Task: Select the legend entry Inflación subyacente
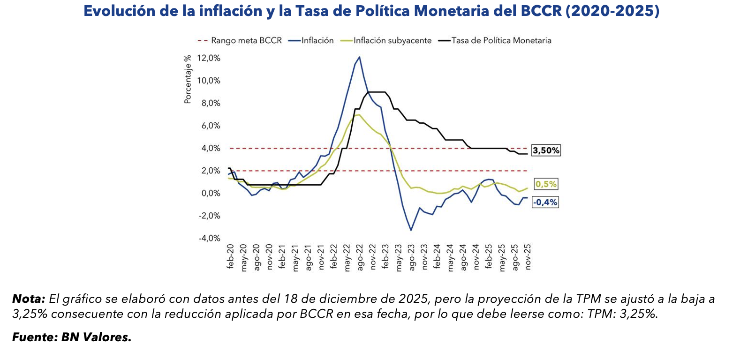tap(392, 41)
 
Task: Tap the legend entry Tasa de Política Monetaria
tap(501, 41)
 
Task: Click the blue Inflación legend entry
tap(317, 41)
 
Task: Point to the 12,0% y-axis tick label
tap(208, 58)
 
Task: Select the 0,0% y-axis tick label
tap(210, 193)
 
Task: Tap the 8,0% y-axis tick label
tap(210, 103)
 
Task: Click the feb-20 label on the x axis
tap(230, 256)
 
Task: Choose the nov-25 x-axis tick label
tap(528, 257)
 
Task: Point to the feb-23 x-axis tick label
tap(386, 256)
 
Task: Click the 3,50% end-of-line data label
tap(545, 150)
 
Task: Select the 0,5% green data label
tap(546, 184)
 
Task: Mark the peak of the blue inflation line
tap(359, 57)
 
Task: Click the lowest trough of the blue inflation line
tap(411, 230)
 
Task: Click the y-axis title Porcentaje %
tap(188, 79)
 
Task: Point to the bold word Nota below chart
tap(28, 299)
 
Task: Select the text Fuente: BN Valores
tap(72, 337)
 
